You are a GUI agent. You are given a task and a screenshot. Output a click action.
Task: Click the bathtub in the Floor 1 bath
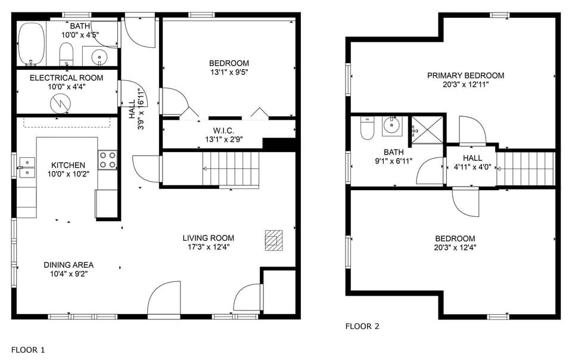(32, 44)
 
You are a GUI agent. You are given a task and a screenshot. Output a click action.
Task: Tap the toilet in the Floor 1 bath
(66, 54)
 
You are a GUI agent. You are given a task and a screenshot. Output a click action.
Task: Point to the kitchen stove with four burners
(107, 160)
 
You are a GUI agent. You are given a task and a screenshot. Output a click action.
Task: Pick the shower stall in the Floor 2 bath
(426, 129)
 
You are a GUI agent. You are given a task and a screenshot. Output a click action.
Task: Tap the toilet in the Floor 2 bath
(367, 128)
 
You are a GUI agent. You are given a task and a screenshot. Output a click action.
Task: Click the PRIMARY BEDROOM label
(465, 76)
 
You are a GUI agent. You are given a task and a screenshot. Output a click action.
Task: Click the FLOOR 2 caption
(362, 326)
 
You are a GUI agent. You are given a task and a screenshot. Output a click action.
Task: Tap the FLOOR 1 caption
(28, 350)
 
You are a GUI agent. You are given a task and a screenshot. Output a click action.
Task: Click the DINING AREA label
(69, 265)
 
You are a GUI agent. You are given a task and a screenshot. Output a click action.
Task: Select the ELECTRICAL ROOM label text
(66, 78)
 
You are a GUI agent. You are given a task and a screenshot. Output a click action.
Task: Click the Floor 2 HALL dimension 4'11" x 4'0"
(472, 167)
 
